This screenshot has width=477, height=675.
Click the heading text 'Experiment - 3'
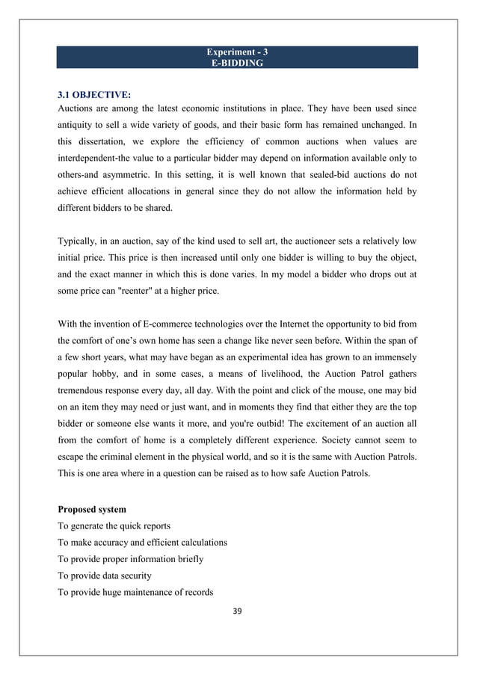238,52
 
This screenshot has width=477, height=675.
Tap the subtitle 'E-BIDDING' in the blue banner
238,64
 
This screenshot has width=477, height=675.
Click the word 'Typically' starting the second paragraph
78,241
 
